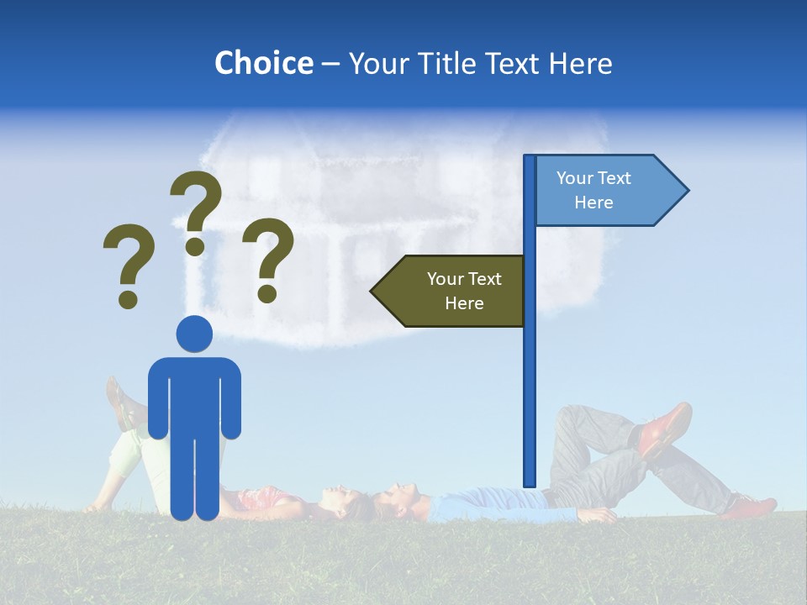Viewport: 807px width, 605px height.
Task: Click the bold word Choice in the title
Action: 263,63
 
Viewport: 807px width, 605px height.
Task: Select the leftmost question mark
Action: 129,264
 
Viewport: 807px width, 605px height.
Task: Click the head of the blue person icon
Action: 194,334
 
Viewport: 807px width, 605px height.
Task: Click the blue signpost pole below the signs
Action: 530,403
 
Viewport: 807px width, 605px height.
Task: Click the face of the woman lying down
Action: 335,496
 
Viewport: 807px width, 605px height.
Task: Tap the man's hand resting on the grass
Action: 599,515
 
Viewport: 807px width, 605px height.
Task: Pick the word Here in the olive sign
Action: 464,303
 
